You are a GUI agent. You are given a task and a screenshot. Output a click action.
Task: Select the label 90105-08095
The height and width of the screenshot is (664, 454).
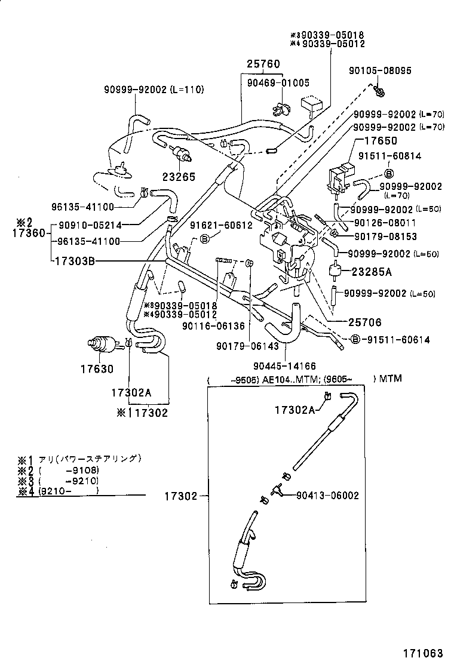(380, 70)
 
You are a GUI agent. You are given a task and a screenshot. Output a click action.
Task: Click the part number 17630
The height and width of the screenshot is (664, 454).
(97, 369)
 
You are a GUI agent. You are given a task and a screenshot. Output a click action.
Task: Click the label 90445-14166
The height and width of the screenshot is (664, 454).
(284, 366)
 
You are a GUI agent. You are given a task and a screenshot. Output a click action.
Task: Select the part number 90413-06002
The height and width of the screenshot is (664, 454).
(327, 494)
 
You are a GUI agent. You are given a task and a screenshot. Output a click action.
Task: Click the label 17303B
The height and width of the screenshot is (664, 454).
(74, 261)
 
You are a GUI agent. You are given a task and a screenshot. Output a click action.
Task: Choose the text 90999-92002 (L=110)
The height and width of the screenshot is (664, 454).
(153, 90)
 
